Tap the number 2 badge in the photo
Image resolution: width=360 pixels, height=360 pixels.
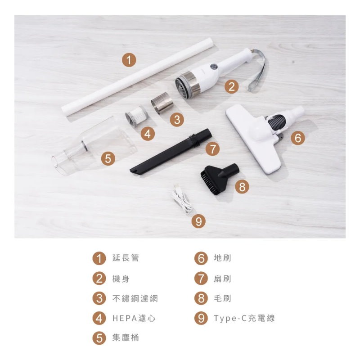point(231,87)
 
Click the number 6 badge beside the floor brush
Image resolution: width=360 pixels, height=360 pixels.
point(297,138)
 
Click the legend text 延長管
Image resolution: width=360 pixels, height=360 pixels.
point(126,258)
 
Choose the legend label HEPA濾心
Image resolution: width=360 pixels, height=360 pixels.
point(134,318)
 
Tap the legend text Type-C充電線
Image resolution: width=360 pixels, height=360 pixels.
point(244,318)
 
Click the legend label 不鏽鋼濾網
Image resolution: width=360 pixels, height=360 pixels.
point(135,298)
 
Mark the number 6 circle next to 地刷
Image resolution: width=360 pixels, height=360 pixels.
point(200,258)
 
